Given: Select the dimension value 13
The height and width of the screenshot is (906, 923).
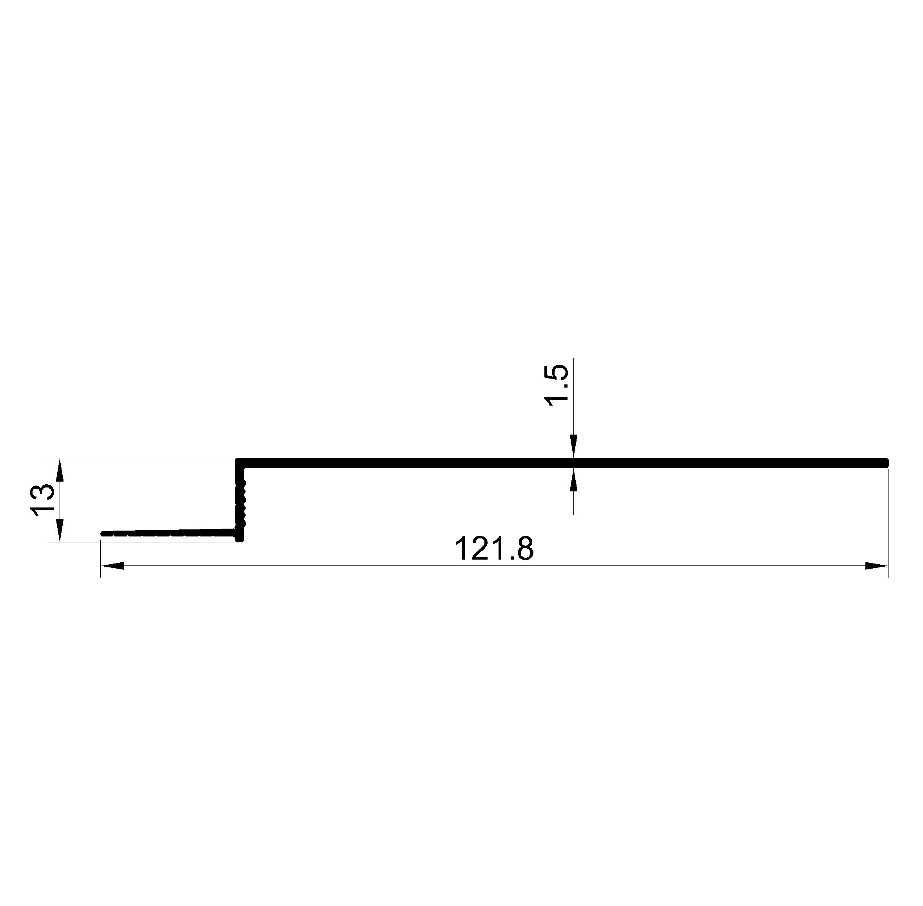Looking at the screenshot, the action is coord(42,500).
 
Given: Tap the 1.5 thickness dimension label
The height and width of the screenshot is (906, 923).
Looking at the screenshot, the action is coord(556,386).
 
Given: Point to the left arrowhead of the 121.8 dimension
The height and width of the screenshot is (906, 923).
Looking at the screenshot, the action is coord(112,566).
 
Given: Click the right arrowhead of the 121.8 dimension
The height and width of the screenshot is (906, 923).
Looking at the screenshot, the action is coord(876,566).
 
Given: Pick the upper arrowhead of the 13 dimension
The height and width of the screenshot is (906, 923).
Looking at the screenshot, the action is coord(60,469).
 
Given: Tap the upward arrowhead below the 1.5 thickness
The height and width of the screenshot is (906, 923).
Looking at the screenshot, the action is coord(574,479).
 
